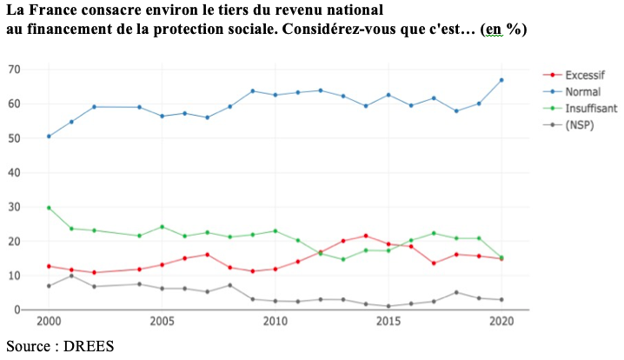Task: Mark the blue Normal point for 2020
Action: pos(501,80)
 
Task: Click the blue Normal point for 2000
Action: pos(49,137)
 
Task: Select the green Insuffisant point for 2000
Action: pos(49,208)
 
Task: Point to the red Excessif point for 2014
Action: pos(365,236)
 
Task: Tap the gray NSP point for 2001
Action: pos(71,276)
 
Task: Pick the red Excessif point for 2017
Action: pos(433,263)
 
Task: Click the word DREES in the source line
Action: pos(87,346)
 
